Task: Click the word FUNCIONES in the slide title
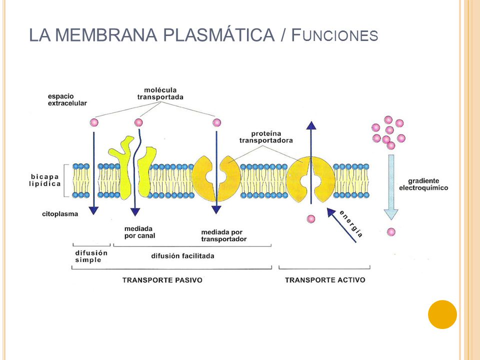click(334, 34)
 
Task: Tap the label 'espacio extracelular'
click(67, 100)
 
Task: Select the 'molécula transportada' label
click(160, 93)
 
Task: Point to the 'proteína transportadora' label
click(266, 137)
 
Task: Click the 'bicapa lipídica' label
click(44, 180)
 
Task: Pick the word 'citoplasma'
click(60, 214)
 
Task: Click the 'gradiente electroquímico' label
click(423, 184)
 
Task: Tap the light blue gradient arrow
click(391, 187)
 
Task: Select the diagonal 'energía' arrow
click(341, 225)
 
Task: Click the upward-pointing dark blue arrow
click(311, 162)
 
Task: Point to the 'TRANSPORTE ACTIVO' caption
click(325, 280)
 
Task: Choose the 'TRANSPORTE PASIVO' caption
click(162, 280)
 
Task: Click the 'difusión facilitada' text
click(183, 256)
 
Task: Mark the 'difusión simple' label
click(91, 256)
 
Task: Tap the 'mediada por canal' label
click(139, 232)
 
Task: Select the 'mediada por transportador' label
click(224, 235)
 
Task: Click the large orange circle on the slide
click(442, 314)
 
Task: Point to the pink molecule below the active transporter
click(310, 219)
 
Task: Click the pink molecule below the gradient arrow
click(391, 232)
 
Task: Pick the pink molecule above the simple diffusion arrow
click(94, 123)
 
